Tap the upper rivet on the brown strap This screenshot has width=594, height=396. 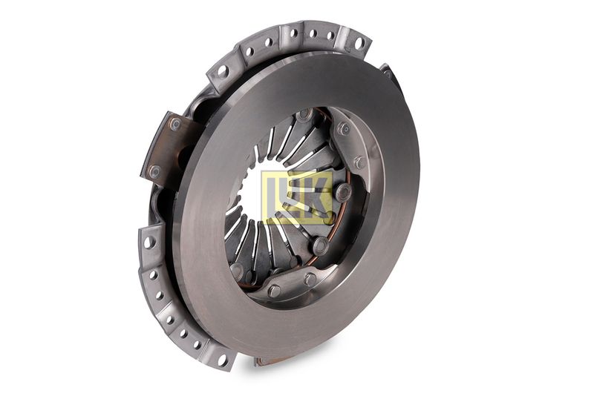click(x=175, y=124)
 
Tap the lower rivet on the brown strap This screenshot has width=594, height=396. click(x=154, y=172)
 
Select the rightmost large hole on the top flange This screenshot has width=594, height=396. click(x=358, y=44)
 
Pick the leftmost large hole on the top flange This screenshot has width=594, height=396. click(x=222, y=70)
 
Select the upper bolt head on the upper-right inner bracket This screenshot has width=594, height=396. click(x=344, y=128)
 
